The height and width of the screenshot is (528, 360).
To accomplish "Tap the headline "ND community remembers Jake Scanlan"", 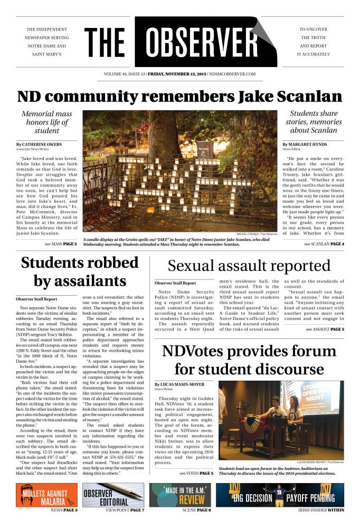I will tap(179, 97).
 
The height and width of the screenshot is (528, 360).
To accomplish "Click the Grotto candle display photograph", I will tap(179, 170).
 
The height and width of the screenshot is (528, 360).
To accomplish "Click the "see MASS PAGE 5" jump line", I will tap(61, 244).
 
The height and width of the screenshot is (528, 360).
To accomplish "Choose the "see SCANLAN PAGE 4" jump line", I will tap(324, 244).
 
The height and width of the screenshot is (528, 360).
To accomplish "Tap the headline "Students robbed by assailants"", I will tap(80, 271).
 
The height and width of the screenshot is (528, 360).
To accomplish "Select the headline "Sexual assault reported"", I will tap(249, 266).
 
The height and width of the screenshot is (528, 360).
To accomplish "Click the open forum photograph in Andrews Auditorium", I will tap(281, 420).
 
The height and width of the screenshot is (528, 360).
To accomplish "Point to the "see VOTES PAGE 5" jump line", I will tap(196, 473).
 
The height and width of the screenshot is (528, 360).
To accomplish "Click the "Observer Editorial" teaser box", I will tap(113, 495).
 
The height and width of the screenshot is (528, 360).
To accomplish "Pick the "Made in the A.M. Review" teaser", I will tap(180, 495).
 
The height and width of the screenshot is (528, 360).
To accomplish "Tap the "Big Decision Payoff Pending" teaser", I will tap(280, 495).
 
